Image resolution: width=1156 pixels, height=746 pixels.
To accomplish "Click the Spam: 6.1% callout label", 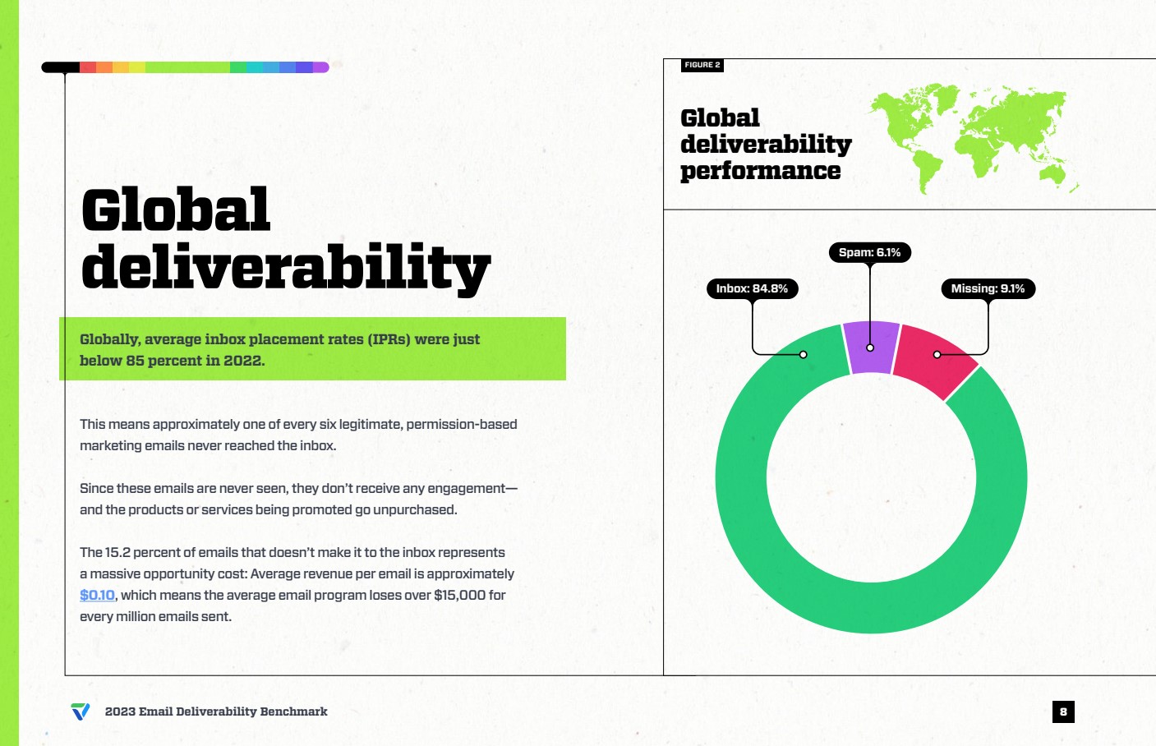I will (x=869, y=253).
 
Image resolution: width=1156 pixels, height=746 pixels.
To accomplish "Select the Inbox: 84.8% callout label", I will (x=752, y=288).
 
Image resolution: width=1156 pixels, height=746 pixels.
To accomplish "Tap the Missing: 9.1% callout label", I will (x=988, y=288).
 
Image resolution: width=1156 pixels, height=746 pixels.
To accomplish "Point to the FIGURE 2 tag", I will (x=702, y=65).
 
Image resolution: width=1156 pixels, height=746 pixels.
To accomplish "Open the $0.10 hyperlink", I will (x=97, y=595).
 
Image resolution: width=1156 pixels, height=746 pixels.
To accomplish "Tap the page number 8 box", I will (x=1063, y=711).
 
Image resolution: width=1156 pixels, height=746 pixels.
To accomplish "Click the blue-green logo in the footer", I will (x=81, y=711).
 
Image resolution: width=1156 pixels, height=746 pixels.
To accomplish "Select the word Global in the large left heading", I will (x=176, y=210).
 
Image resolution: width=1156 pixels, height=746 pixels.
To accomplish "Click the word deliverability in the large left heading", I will (x=285, y=267).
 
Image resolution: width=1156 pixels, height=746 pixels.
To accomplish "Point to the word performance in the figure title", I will (x=760, y=171).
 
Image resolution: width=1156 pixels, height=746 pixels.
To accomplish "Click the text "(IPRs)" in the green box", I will (x=389, y=339).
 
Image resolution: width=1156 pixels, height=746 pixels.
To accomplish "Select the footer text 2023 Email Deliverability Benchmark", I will (x=216, y=711).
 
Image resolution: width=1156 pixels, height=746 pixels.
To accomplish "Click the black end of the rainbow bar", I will (x=60, y=67).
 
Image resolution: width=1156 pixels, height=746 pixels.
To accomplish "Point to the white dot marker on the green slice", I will (x=804, y=354).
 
